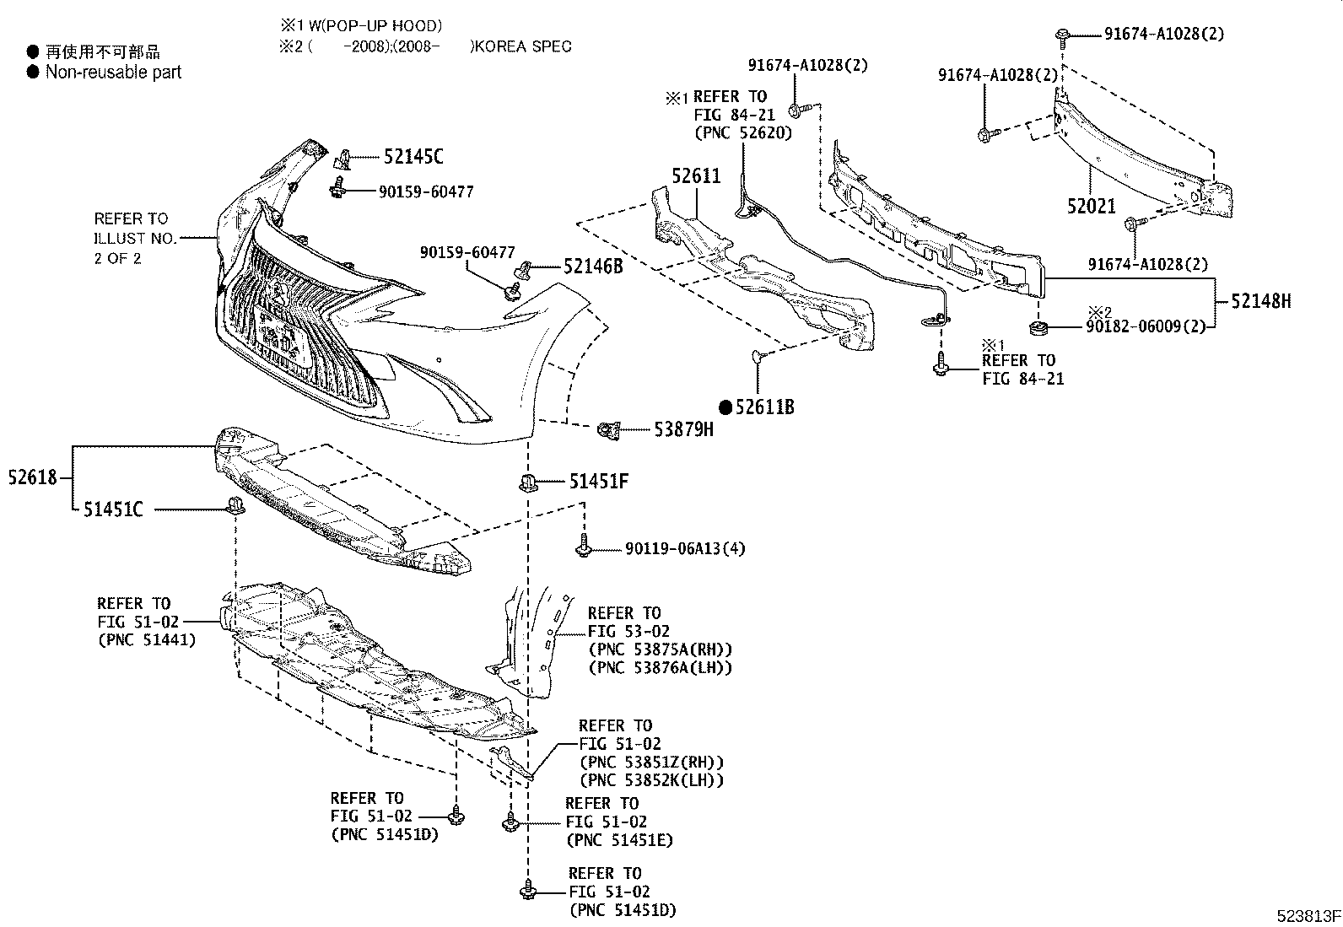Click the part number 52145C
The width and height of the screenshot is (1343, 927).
pos(413,157)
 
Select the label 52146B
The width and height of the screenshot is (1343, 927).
pos(593,267)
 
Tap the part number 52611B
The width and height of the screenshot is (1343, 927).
pos(764,407)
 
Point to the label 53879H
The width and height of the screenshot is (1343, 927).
pos(683,430)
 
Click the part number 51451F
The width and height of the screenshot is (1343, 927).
pos(598,482)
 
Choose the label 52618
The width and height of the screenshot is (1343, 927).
pos(33,477)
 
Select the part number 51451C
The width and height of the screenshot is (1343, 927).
pos(113,510)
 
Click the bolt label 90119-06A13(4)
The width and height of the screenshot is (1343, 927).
pos(685,549)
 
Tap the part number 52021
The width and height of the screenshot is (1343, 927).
pos(1091,206)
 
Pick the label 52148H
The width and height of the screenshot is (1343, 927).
pos(1260,300)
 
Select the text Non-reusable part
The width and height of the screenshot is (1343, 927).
pos(113,73)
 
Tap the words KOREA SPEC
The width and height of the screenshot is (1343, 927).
pos(522,46)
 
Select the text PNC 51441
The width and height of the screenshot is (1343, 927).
pos(147,640)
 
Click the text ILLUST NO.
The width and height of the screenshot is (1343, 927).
pos(135,239)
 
